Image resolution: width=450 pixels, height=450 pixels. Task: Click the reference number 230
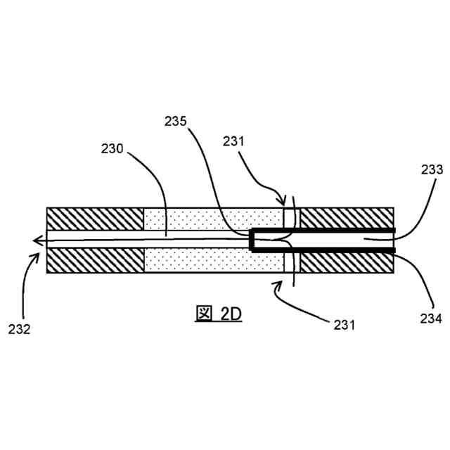111,149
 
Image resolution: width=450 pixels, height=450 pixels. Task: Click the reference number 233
432,169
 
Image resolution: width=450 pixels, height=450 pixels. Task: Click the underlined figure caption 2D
217,314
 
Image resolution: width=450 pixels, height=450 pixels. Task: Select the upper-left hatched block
95,218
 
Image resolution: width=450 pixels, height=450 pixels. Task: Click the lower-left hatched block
95,262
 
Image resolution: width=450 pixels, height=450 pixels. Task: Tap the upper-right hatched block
347,218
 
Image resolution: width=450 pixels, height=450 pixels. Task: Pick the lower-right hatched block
347,262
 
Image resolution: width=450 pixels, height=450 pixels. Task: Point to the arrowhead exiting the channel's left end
37,240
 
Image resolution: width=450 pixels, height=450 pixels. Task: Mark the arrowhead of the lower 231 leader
276,282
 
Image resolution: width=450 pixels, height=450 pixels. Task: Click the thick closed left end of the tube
252,240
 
